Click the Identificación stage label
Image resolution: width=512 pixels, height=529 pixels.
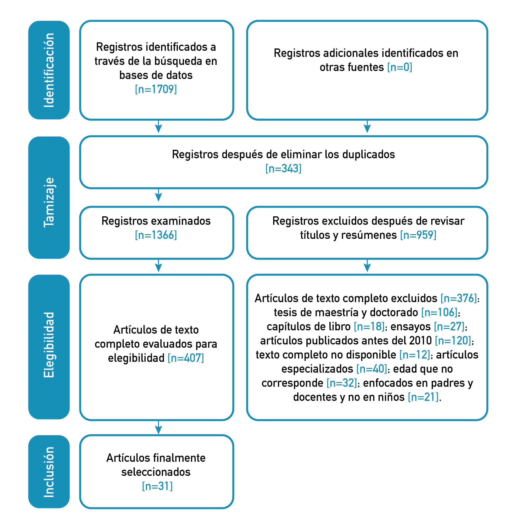click(x=49, y=70)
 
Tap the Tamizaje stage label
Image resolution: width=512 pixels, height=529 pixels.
click(x=49, y=202)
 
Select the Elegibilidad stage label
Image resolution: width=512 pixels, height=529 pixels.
click(x=49, y=345)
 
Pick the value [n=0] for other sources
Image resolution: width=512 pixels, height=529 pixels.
click(x=399, y=67)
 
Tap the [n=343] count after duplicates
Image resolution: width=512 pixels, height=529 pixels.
click(x=284, y=169)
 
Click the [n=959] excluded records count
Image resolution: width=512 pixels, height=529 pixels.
click(x=418, y=235)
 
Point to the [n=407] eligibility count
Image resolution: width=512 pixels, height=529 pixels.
click(x=186, y=358)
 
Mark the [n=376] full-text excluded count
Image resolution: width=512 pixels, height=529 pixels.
click(x=459, y=298)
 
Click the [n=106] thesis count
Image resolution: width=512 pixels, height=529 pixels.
click(x=439, y=312)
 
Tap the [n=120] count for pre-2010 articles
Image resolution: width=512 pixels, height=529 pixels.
click(x=453, y=341)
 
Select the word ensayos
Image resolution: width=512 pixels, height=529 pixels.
click(x=410, y=327)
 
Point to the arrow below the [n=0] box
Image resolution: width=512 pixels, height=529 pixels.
click(x=367, y=126)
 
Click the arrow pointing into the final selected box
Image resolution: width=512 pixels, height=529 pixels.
click(x=158, y=427)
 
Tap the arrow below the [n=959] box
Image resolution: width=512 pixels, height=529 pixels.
click(x=367, y=266)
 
